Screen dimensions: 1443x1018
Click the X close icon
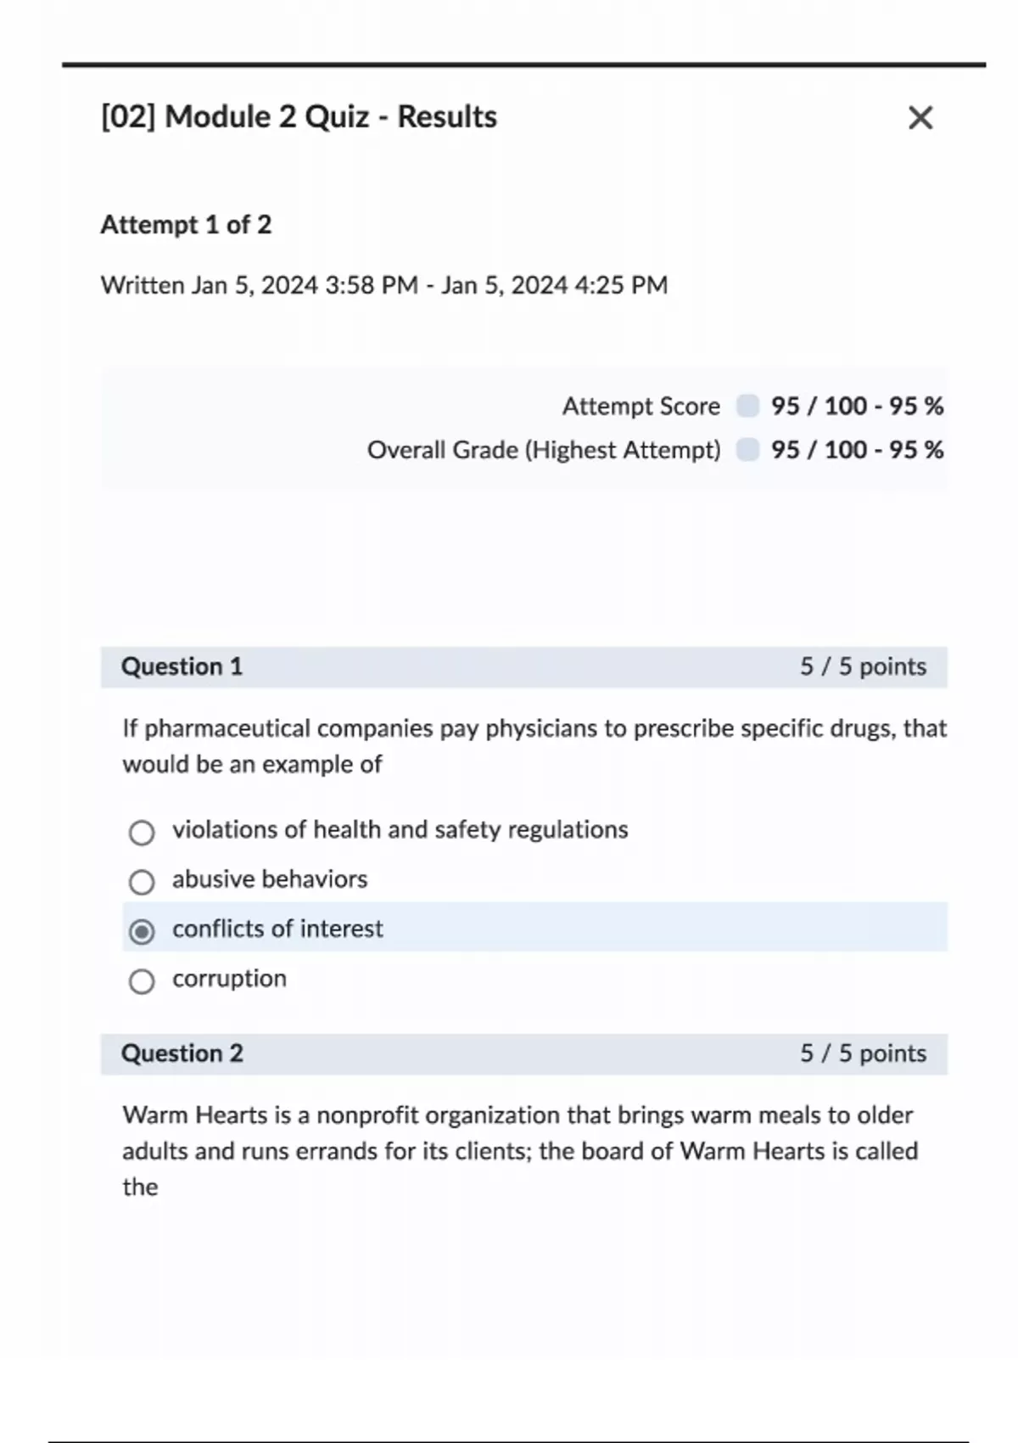[x=920, y=118]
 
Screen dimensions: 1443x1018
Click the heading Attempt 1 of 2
[x=186, y=225]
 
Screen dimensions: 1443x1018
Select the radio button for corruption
[x=142, y=982]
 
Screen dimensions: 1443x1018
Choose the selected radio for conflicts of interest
[x=142, y=932]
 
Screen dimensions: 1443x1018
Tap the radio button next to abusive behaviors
[x=142, y=883]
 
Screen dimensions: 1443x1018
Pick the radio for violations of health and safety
[x=142, y=833]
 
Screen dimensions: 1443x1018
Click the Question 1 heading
[x=182, y=667]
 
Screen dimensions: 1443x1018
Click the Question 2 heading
[x=182, y=1053]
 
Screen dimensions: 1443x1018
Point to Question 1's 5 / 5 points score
[x=863, y=667]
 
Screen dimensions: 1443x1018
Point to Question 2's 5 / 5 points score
[x=863, y=1053]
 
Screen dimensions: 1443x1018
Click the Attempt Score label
[x=640, y=407]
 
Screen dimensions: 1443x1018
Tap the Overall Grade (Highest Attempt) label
[x=543, y=450]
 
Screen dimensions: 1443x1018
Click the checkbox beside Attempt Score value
[x=747, y=406]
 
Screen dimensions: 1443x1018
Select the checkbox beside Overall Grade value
[x=747, y=449]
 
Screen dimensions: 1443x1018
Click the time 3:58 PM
[x=372, y=285]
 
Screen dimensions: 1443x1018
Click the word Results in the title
[x=447, y=117]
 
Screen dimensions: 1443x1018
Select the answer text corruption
[x=229, y=979]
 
